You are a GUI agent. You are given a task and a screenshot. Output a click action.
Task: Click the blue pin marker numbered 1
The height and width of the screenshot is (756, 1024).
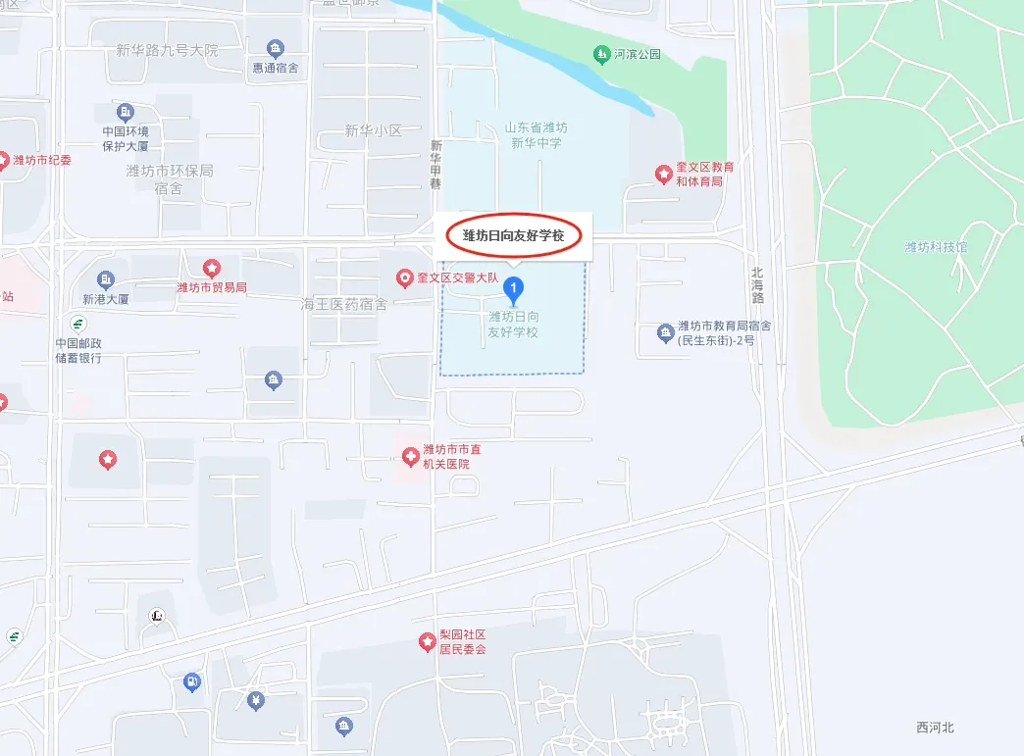pyautogui.click(x=511, y=288)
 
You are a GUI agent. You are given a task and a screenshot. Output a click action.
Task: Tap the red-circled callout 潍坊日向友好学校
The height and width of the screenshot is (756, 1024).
pyautogui.click(x=514, y=235)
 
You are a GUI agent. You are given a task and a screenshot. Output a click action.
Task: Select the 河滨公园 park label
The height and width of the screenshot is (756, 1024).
pyautogui.click(x=638, y=54)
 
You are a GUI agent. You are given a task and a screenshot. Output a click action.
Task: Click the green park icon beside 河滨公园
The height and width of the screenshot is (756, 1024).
pyautogui.click(x=600, y=53)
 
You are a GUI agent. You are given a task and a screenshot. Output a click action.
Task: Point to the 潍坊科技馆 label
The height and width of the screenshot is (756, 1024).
pyautogui.click(x=935, y=247)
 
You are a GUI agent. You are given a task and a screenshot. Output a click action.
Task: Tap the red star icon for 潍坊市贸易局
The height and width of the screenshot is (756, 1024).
pyautogui.click(x=211, y=268)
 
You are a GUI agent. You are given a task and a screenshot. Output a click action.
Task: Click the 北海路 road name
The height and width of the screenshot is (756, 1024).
pyautogui.click(x=756, y=285)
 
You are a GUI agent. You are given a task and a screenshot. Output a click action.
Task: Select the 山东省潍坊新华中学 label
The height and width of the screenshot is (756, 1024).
pyautogui.click(x=536, y=134)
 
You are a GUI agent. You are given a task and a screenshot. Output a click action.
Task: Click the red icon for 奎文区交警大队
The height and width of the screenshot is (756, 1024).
pyautogui.click(x=403, y=278)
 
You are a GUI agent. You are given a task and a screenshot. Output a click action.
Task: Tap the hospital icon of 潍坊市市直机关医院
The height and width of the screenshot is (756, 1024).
pyautogui.click(x=410, y=456)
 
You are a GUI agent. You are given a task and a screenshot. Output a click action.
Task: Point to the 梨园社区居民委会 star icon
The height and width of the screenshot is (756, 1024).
pyautogui.click(x=427, y=641)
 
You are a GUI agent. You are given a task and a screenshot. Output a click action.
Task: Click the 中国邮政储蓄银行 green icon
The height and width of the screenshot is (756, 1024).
pyautogui.click(x=77, y=324)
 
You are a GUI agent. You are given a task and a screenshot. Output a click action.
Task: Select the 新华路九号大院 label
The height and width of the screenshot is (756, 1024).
pyautogui.click(x=167, y=50)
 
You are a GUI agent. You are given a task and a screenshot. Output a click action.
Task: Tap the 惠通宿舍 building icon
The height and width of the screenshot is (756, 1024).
pyautogui.click(x=276, y=48)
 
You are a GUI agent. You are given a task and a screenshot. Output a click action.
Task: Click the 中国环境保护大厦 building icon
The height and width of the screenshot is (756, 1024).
pyautogui.click(x=126, y=112)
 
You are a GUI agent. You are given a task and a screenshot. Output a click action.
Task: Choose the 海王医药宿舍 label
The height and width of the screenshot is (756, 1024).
pyautogui.click(x=343, y=305)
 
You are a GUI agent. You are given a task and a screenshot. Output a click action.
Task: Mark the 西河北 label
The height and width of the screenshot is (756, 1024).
pyautogui.click(x=935, y=727)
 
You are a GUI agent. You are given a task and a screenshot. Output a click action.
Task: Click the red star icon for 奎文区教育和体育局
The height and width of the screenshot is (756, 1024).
pyautogui.click(x=663, y=175)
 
